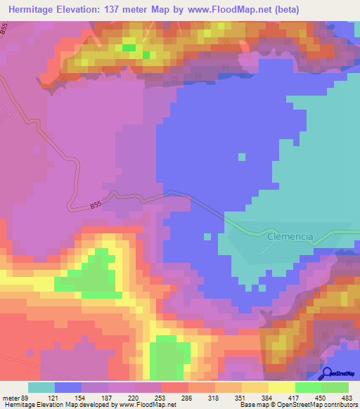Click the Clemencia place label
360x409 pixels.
click(289, 238)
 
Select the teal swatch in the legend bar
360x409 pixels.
click(41, 387)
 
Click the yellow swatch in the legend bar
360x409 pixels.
click(282, 387)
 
